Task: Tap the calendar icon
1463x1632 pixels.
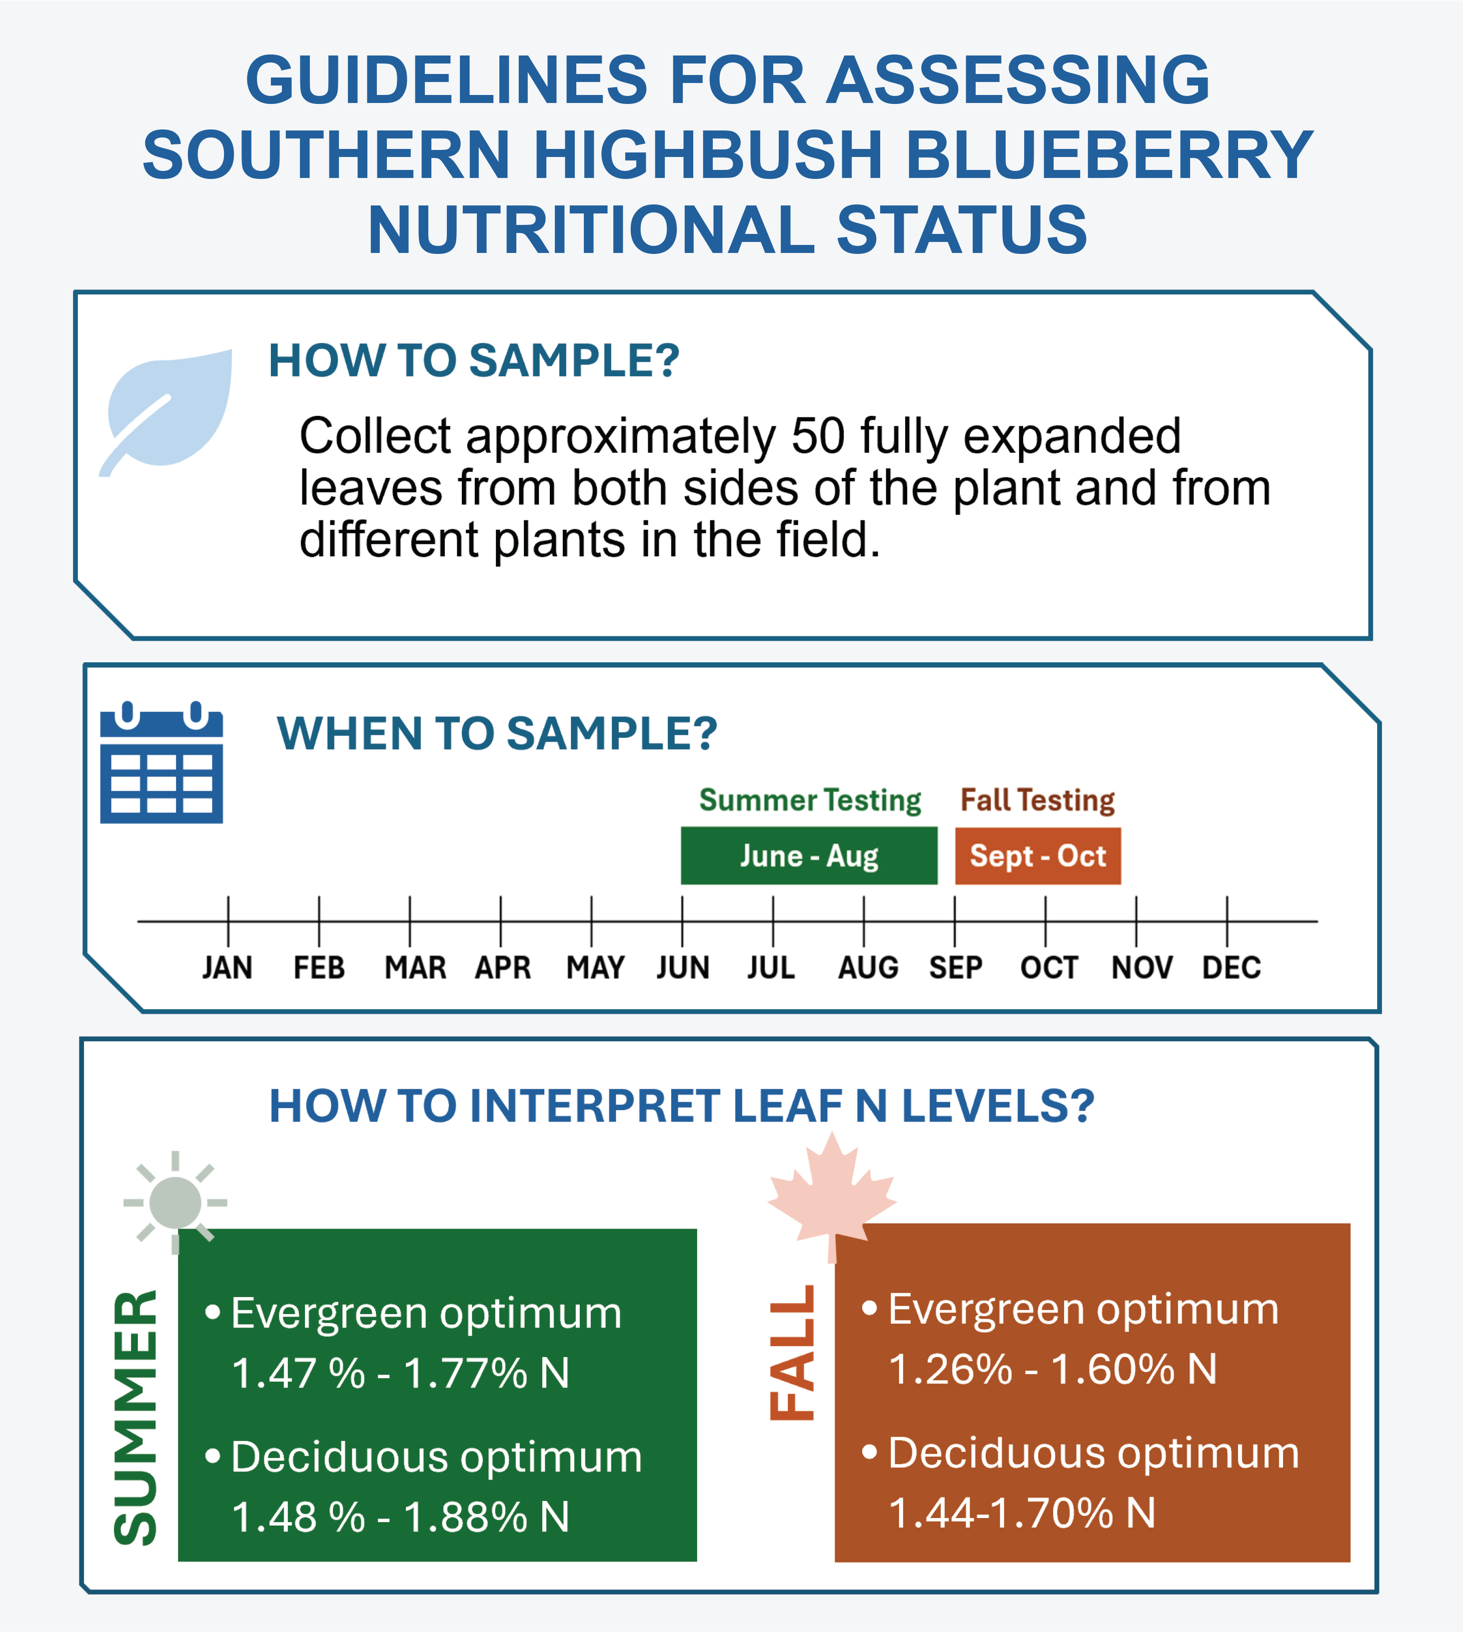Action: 161,762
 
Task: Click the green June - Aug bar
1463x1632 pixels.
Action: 809,855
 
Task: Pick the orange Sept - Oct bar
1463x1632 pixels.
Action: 1038,855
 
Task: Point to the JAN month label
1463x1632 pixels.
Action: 227,967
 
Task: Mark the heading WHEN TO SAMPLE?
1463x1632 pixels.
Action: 497,733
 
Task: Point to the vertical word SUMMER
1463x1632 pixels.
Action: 135,1418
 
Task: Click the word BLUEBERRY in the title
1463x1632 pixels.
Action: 1109,154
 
